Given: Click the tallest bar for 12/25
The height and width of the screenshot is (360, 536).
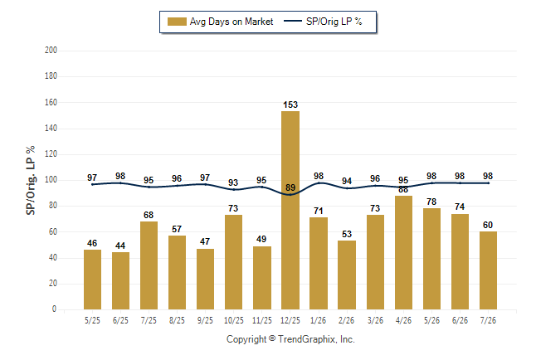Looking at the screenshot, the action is click(290, 210).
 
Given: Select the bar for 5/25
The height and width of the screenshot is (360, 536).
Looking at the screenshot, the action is click(92, 280).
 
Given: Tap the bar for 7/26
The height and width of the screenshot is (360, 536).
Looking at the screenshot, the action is click(488, 270).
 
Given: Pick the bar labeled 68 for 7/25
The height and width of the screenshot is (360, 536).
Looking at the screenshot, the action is click(149, 265).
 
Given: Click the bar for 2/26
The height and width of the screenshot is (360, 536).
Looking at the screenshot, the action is click(347, 275).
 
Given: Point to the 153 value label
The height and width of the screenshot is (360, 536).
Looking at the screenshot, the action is click(290, 105).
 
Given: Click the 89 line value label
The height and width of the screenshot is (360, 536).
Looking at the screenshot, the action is click(290, 187).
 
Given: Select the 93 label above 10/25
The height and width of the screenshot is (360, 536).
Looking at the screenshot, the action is click(233, 182).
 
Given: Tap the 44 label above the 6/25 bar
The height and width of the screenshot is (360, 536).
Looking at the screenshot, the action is click(120, 246).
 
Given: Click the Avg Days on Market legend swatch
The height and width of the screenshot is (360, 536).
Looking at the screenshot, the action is click(177, 22).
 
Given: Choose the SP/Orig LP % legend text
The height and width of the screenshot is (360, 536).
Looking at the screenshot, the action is click(334, 22).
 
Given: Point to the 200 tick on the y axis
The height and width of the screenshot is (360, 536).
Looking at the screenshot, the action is click(51, 50).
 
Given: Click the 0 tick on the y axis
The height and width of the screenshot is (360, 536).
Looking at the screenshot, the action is click(54, 309).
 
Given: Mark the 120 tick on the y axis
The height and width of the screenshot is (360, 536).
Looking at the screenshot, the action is click(51, 153).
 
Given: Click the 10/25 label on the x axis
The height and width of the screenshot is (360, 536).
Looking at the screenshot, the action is click(234, 320).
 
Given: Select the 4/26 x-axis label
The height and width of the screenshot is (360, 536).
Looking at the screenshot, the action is click(403, 320).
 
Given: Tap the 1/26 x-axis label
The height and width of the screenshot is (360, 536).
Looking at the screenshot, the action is click(319, 320).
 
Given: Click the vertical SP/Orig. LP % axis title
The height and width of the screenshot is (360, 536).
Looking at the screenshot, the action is click(31, 181).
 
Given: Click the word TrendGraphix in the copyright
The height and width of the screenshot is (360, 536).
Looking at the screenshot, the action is click(307, 339).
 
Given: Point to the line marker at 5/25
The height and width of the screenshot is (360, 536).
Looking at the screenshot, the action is click(92, 185).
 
